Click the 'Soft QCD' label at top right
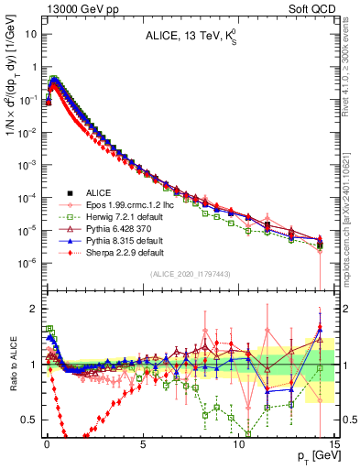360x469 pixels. pyautogui.click(x=313, y=8)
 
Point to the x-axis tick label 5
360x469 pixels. pyautogui.click(x=143, y=442)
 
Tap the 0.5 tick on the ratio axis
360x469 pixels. pyautogui.click(x=29, y=420)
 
